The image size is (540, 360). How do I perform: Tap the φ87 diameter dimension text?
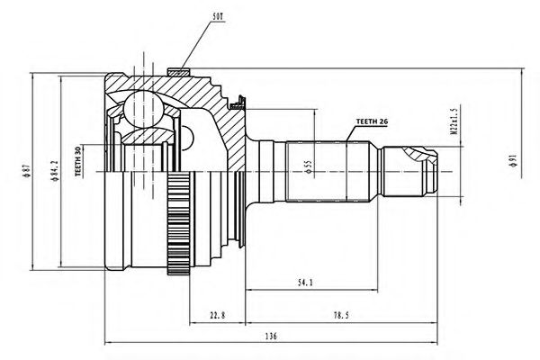click(x=29, y=172)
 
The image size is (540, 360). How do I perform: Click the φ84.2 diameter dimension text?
click(x=55, y=172)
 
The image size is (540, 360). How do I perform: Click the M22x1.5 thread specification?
click(x=454, y=126)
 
